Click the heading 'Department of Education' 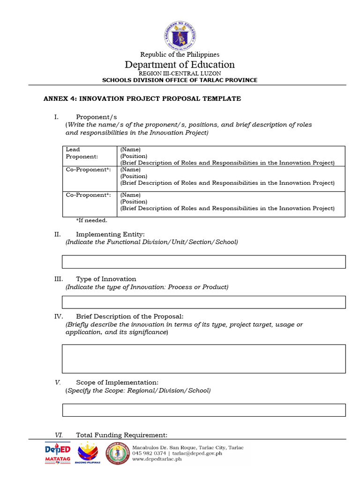click(x=180, y=65)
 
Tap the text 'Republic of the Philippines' click(x=180, y=55)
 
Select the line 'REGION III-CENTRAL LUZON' click(x=180, y=74)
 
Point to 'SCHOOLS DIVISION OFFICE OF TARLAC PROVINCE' click(x=180, y=80)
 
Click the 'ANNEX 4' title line click(x=142, y=99)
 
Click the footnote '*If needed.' click(x=91, y=220)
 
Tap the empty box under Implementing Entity click(x=204, y=262)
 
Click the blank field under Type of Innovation click(x=204, y=302)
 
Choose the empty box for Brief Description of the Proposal click(x=204, y=359)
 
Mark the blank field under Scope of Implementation click(x=204, y=410)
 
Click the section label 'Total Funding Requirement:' click(x=121, y=435)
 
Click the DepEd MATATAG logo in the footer click(x=57, y=453)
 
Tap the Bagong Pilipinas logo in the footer click(x=88, y=453)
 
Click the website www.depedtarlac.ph click(x=157, y=459)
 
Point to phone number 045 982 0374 click(x=149, y=453)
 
